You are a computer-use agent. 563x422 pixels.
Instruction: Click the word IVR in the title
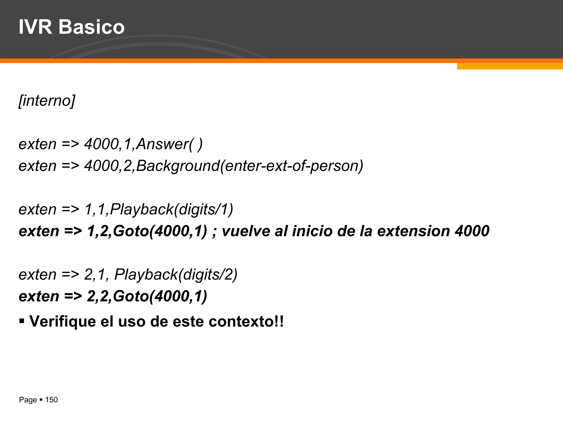pyautogui.click(x=35, y=27)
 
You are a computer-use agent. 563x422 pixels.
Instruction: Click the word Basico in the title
pyautogui.click(x=92, y=27)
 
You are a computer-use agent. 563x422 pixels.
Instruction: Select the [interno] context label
pyautogui.click(x=47, y=101)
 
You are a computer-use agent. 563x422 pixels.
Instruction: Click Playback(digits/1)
pyautogui.click(x=172, y=209)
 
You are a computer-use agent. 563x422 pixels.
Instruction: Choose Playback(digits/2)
pyautogui.click(x=176, y=274)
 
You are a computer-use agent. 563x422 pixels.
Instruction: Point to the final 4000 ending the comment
pyautogui.click(x=472, y=231)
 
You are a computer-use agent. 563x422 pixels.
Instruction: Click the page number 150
pyautogui.click(x=51, y=400)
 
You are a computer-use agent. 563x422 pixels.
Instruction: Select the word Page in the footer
pyautogui.click(x=28, y=400)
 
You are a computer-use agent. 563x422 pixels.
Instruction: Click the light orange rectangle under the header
pyautogui.click(x=510, y=66)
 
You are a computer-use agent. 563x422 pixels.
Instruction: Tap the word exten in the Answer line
pyautogui.click(x=37, y=144)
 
